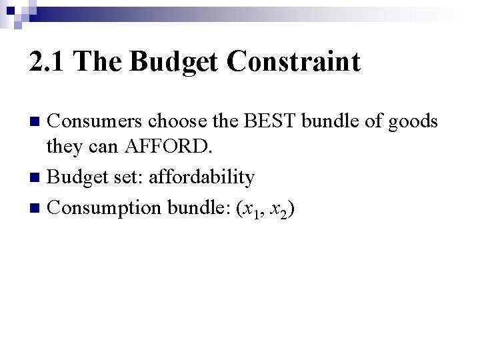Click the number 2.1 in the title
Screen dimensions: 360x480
(x=48, y=62)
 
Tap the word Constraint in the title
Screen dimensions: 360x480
(x=294, y=62)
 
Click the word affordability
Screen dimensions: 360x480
(x=201, y=178)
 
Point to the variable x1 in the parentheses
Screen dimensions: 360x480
(x=248, y=209)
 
